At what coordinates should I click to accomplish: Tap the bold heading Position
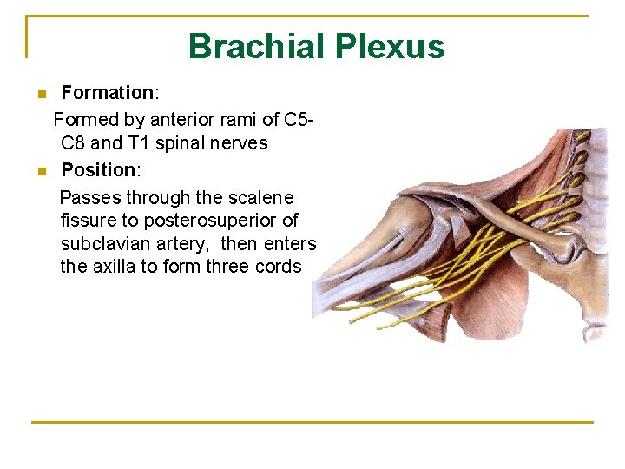[x=99, y=169]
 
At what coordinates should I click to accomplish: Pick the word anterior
[x=183, y=118]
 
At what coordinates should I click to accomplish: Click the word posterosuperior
[x=215, y=221]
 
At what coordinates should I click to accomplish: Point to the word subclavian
[x=102, y=244]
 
